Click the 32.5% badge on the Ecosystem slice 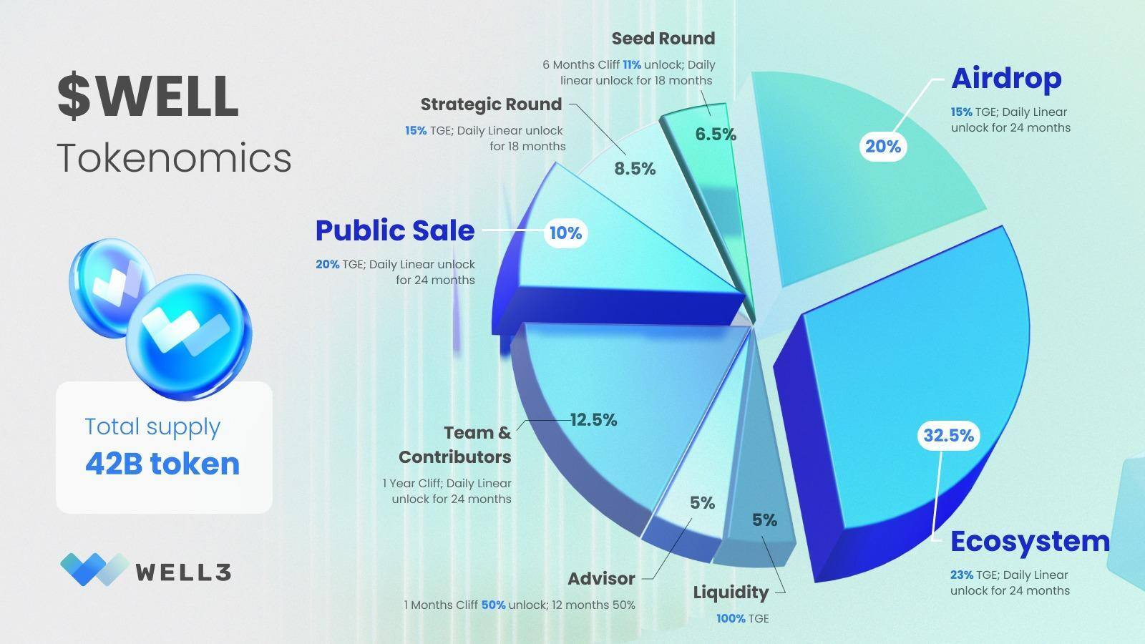click(x=948, y=435)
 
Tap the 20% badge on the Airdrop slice click(x=883, y=147)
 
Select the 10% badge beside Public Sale click(x=565, y=233)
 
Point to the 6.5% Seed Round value click(x=716, y=135)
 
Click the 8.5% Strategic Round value click(x=635, y=169)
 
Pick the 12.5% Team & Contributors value click(x=593, y=420)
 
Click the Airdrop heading click(x=1005, y=78)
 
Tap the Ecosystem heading click(x=1030, y=541)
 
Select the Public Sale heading click(x=395, y=230)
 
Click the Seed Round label click(x=663, y=38)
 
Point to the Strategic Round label click(x=491, y=104)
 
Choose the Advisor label click(x=601, y=578)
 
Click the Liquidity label click(x=731, y=592)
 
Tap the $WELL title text click(x=147, y=96)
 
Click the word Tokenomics click(x=174, y=157)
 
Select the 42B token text click(x=162, y=464)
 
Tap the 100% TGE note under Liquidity click(x=742, y=618)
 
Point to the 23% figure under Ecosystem click(x=961, y=575)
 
